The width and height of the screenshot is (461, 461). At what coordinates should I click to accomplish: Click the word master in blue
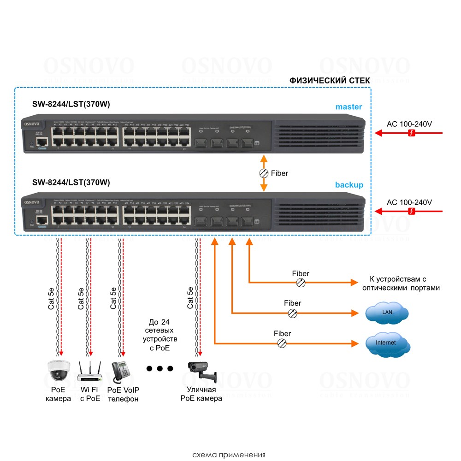349,107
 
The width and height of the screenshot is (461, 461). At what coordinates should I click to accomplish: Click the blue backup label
349,185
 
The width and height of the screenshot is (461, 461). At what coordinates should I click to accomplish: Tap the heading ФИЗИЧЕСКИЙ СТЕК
330,81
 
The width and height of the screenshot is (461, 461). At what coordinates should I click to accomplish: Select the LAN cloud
386,313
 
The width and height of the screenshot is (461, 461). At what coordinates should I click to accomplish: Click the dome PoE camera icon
59,370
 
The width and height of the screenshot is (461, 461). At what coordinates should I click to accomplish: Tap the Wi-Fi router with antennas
89,371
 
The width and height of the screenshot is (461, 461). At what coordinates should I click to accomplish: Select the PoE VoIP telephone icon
121,371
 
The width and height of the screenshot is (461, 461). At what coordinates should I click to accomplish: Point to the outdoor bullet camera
201,370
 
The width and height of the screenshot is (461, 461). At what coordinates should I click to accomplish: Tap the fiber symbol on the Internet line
282,343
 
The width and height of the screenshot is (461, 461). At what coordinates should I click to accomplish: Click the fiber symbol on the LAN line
292,313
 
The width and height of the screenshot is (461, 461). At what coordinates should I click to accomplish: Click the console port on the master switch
42,143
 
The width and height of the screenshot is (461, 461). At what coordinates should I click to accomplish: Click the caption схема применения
229,455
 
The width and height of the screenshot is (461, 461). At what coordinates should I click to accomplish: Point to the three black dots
160,368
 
